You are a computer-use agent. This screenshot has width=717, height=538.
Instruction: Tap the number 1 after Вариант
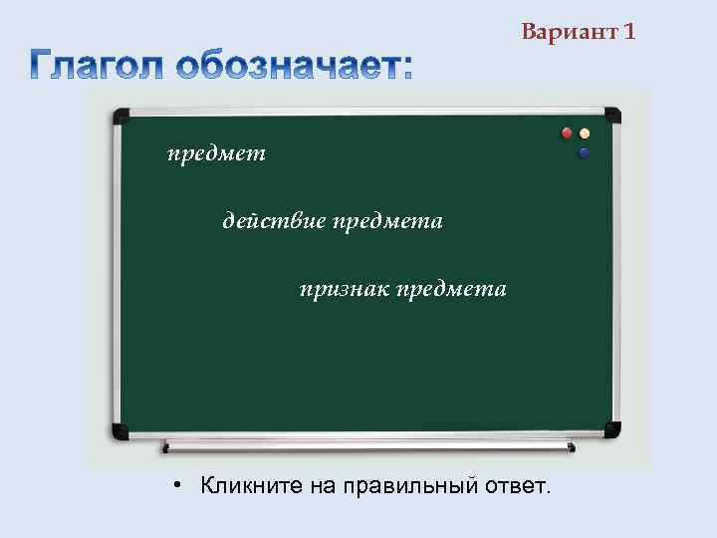point(628,32)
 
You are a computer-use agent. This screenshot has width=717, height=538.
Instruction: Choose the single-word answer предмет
point(216,153)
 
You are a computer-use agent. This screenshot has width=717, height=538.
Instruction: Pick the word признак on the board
point(345,289)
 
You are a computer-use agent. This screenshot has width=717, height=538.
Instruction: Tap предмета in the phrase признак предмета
point(451,289)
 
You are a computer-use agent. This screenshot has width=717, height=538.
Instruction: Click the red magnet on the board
point(568,133)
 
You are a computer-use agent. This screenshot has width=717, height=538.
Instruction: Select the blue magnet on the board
point(585,153)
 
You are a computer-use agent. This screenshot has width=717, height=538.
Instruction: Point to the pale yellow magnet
point(586,133)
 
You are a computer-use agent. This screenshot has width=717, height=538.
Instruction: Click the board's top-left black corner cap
point(120,116)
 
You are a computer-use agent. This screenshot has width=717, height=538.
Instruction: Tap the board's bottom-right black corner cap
point(611,429)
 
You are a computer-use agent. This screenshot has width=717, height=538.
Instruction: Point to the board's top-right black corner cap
point(611,116)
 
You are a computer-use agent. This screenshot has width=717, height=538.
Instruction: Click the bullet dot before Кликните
point(173,485)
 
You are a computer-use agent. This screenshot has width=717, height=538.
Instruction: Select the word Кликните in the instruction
point(240,486)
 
